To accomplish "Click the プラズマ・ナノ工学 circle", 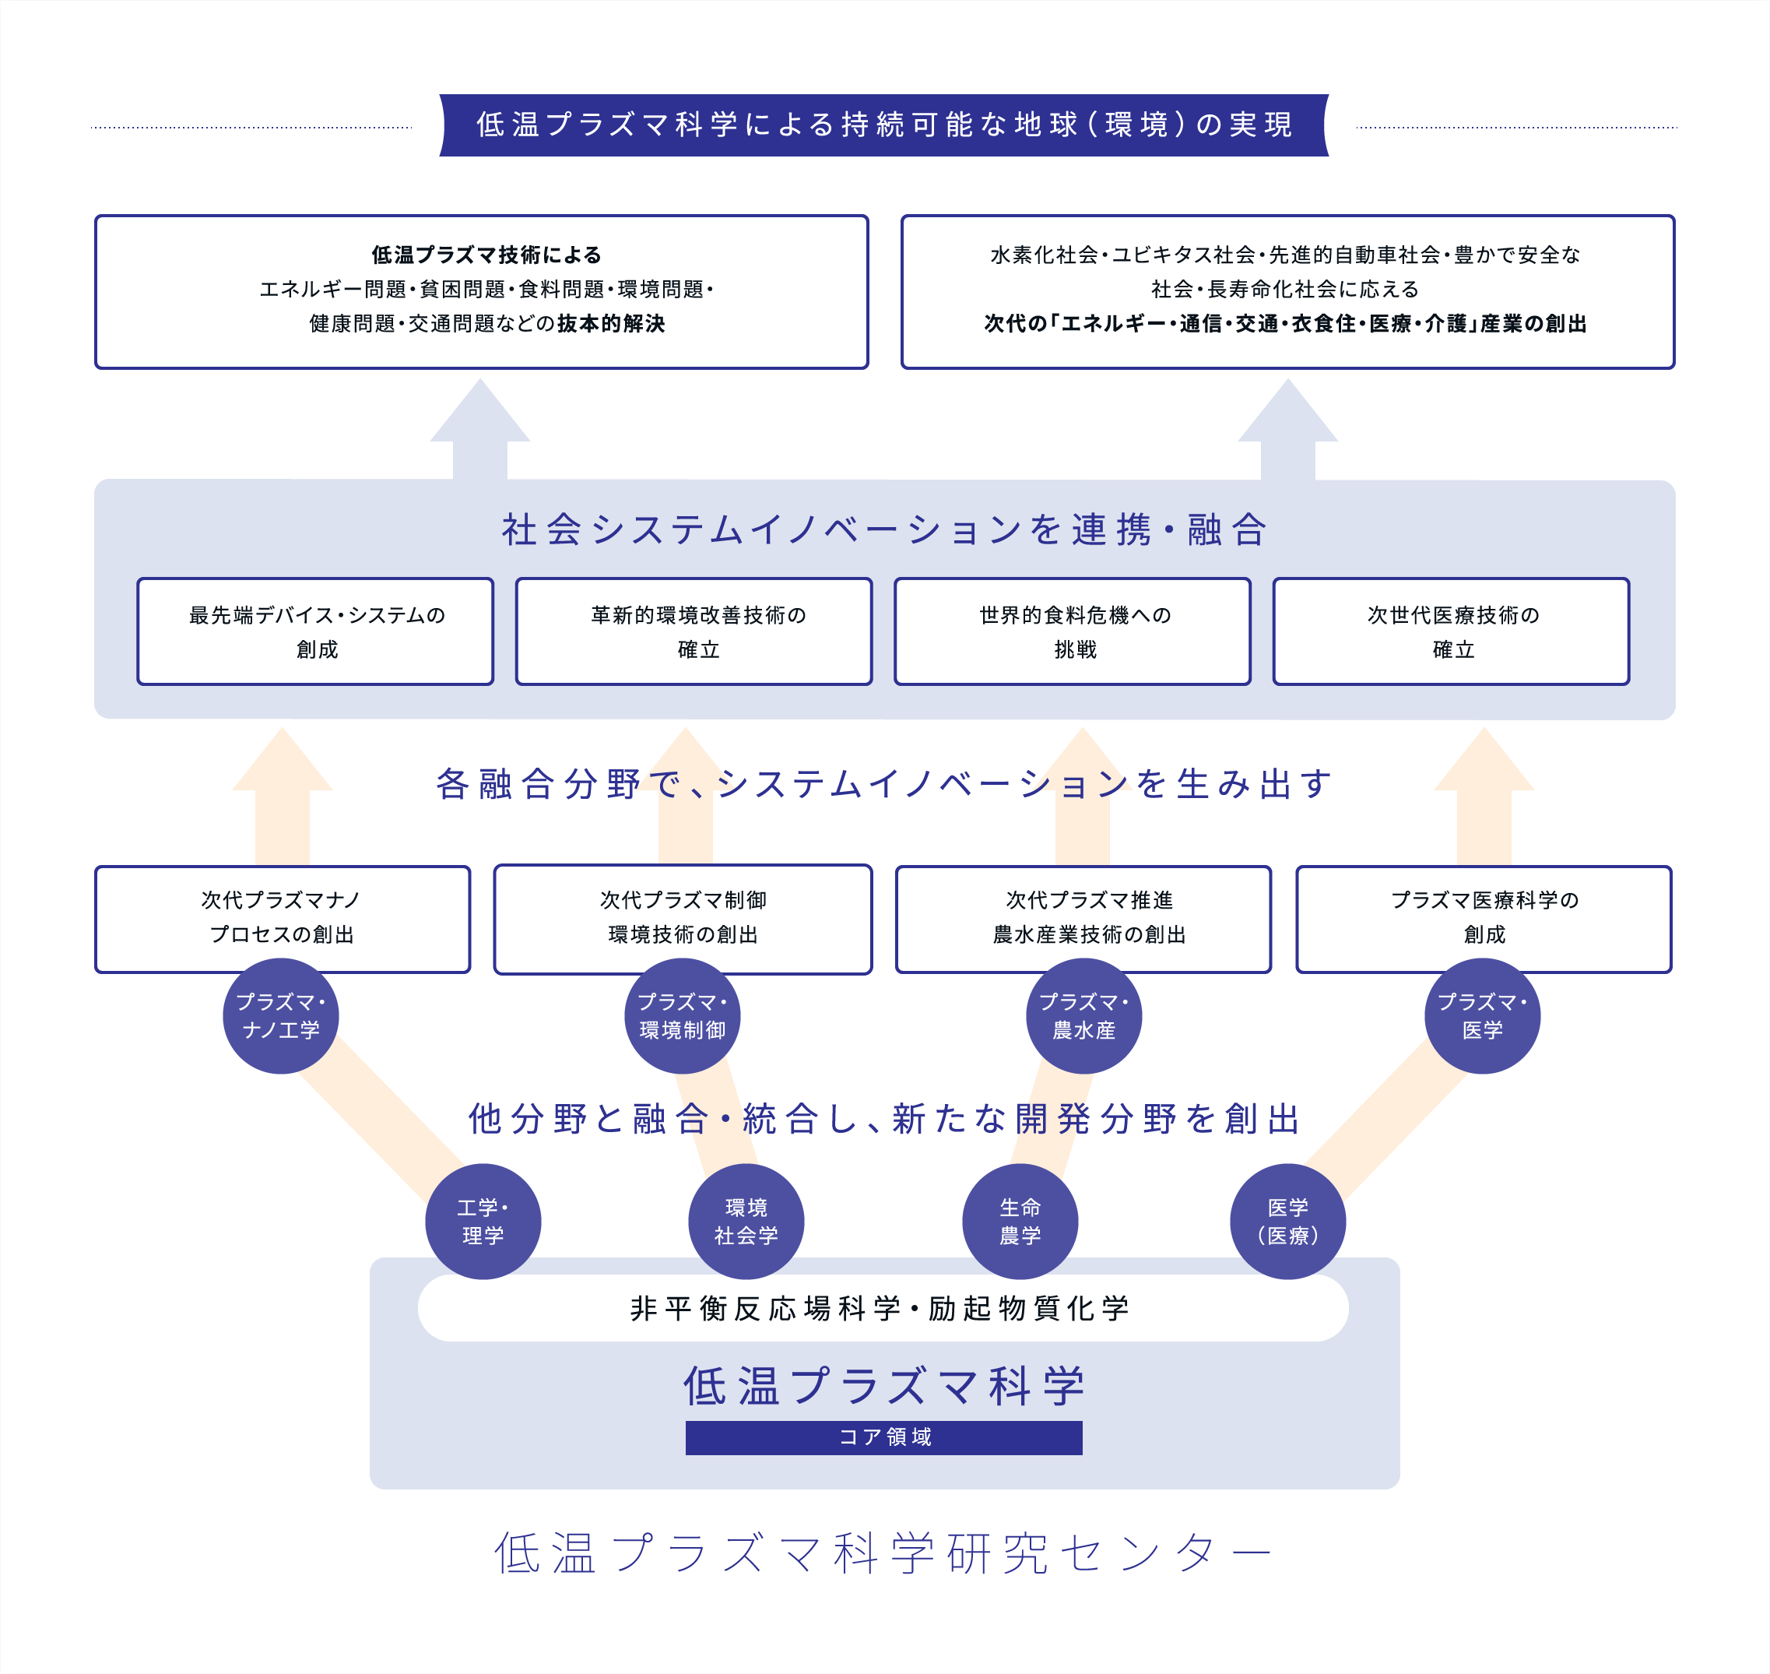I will (x=281, y=1016).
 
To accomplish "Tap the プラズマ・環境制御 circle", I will (x=683, y=1016).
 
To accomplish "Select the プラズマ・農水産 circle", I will (x=1084, y=1016).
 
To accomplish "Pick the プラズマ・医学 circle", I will (x=1482, y=1016).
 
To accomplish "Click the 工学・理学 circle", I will (x=483, y=1222).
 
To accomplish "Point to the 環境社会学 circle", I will (x=746, y=1222).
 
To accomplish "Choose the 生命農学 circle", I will (x=1020, y=1222).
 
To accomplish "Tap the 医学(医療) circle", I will (x=1287, y=1222).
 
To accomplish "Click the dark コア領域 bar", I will (x=883, y=1437).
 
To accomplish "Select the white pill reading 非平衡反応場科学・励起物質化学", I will (x=883, y=1308).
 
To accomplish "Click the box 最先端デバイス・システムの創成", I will (x=315, y=631).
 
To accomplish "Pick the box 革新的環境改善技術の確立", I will (x=694, y=631).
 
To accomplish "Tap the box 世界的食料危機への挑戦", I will (x=1073, y=631).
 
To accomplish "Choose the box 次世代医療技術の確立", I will (x=1451, y=631).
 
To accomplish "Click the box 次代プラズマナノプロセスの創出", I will (x=282, y=918).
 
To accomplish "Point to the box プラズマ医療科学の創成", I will (x=1483, y=918).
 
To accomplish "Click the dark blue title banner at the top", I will (x=883, y=125).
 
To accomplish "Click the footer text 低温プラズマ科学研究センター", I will (x=883, y=1553).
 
